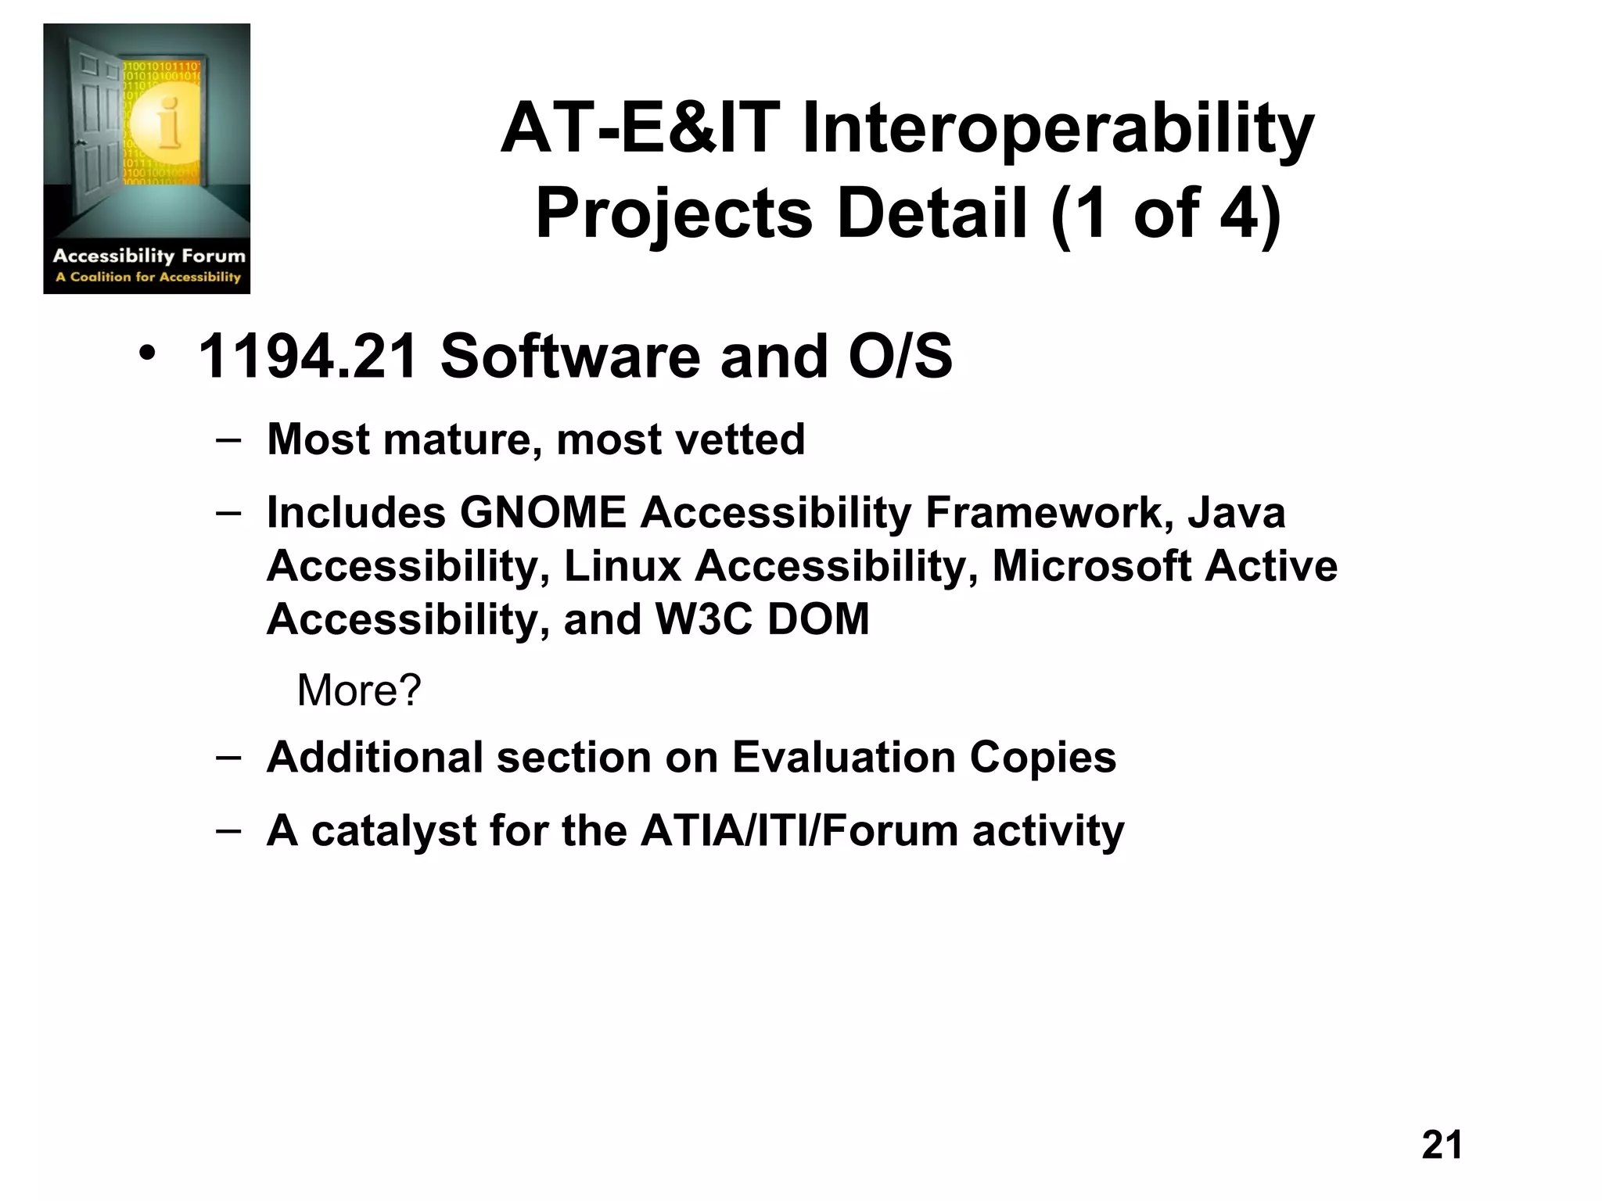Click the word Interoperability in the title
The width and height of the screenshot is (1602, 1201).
click(x=1058, y=130)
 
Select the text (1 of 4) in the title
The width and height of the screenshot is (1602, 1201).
click(x=1166, y=213)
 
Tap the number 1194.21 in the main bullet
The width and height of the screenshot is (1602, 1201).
click(x=308, y=357)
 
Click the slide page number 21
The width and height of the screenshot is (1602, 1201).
click(x=1442, y=1145)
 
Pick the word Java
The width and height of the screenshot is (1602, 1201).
click(x=1236, y=513)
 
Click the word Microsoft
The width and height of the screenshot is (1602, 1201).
click(x=1092, y=566)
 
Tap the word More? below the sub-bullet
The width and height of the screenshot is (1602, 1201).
click(x=359, y=690)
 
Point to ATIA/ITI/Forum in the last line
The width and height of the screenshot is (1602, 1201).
click(x=799, y=830)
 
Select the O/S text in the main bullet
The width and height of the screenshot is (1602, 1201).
click(x=900, y=357)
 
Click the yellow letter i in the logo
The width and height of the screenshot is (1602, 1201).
click(x=167, y=124)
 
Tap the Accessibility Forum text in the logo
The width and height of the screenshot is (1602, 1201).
click(x=149, y=256)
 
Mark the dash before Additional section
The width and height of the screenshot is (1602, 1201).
click(x=228, y=756)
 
